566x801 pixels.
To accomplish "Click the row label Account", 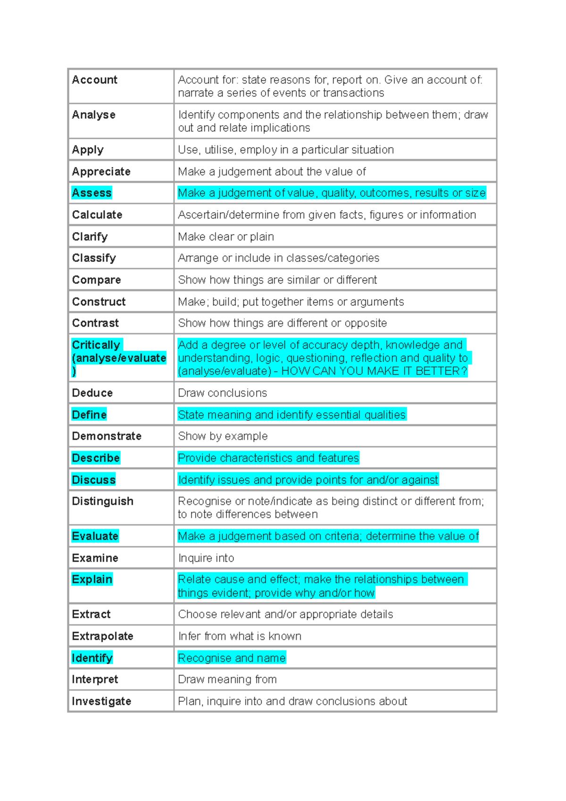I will [x=94, y=80].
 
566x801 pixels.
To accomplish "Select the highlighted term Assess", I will [x=92, y=193].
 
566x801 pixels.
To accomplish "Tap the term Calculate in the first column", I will [x=97, y=215].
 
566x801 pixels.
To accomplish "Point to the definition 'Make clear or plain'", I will [x=225, y=236].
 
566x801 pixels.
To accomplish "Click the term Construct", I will [x=99, y=301].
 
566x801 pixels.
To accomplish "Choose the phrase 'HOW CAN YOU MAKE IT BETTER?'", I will [x=374, y=371].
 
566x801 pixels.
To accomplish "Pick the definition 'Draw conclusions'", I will [x=222, y=393].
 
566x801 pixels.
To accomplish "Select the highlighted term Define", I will [x=89, y=415].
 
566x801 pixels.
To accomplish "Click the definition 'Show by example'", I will [x=223, y=436].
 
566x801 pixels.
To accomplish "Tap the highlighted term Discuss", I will [x=93, y=480].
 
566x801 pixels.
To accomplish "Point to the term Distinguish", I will [x=102, y=501].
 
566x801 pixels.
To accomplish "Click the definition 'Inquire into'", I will [x=206, y=558].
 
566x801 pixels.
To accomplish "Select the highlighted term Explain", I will [x=92, y=579].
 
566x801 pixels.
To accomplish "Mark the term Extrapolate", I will [x=102, y=636].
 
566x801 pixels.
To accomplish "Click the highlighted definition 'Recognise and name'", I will [x=232, y=658].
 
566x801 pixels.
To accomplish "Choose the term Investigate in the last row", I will [x=101, y=701].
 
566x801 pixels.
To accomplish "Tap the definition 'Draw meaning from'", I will [x=227, y=679].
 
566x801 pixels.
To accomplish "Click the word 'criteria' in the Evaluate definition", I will [x=338, y=536].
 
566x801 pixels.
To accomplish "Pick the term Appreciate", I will [x=101, y=171].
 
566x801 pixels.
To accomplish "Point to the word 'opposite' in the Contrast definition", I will [x=366, y=323].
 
